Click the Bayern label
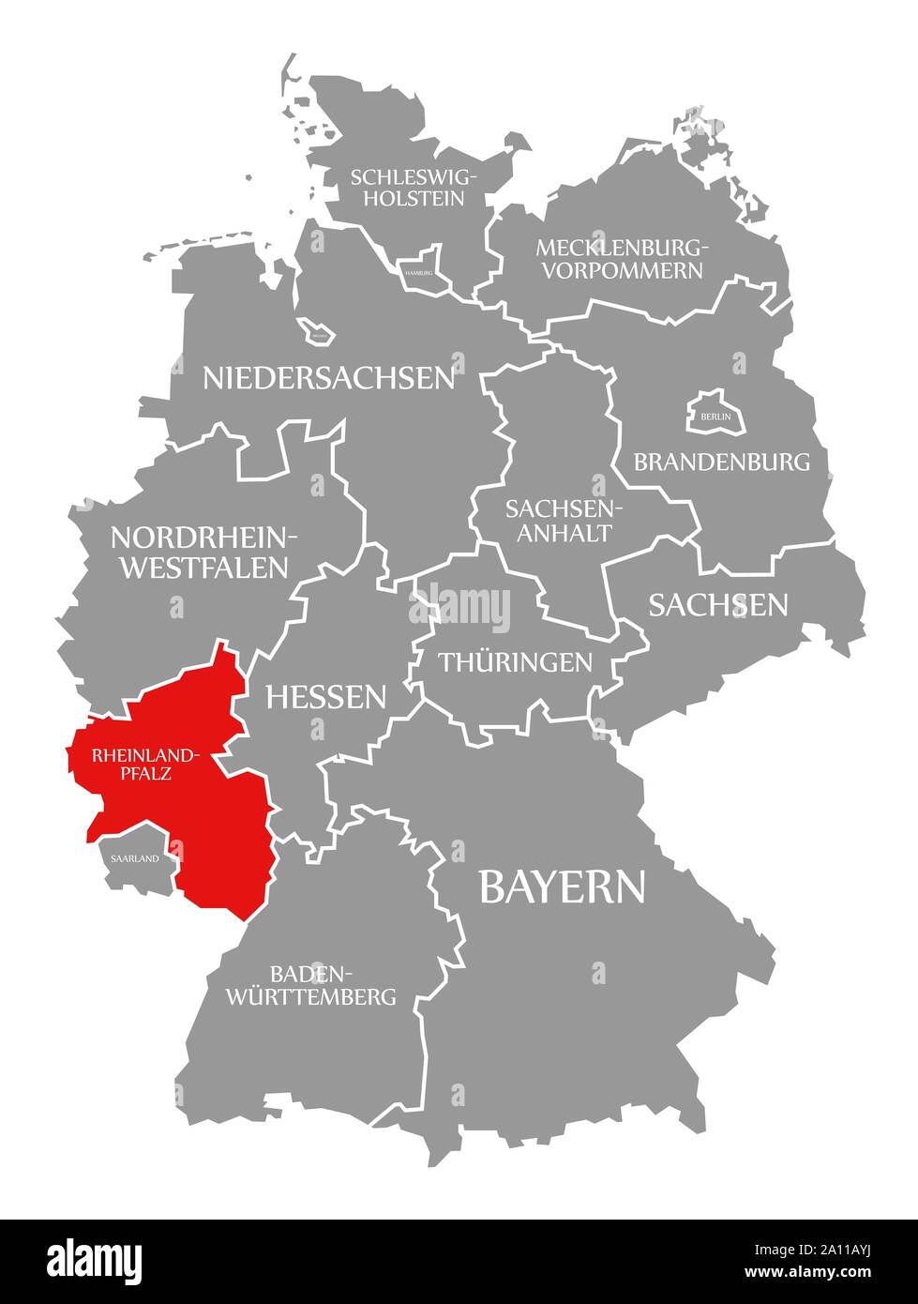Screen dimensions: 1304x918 tap(562, 887)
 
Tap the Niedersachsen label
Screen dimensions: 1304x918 tap(329, 377)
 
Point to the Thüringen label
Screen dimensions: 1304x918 tap(516, 662)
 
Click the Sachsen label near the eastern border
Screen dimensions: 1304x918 tap(718, 605)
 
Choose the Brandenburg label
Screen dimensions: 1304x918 tap(721, 462)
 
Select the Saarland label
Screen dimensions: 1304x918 tap(134, 857)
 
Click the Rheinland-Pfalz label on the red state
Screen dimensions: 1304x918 tap(144, 764)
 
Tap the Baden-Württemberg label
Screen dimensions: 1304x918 tap(310, 984)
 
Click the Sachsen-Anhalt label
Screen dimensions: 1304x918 tap(559, 521)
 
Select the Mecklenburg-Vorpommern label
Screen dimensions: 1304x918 tap(619, 259)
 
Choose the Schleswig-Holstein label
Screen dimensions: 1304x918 tap(414, 187)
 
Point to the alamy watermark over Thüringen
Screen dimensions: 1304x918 tap(460, 610)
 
